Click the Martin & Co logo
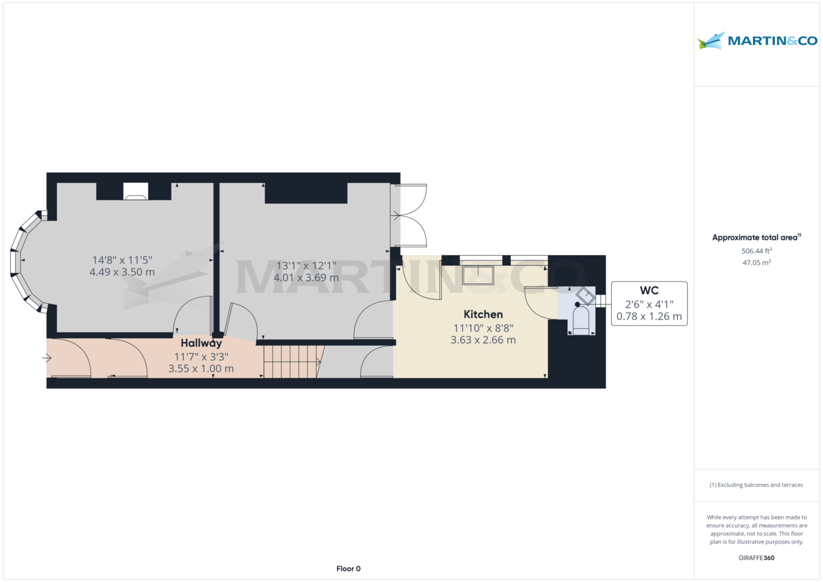coord(757,41)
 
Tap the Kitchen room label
coord(484,315)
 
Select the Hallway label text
coord(202,343)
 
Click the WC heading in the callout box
coord(648,291)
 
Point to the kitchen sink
coord(479,274)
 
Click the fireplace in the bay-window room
coord(134,192)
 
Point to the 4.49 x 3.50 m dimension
coord(122,272)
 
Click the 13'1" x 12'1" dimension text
coord(306,266)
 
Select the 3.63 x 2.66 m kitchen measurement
coord(484,340)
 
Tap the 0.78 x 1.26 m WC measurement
coord(649,316)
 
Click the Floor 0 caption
coord(348,568)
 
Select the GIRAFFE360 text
coord(756,558)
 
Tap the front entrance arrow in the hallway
coord(47,358)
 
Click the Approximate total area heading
coord(756,238)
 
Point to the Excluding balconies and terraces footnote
coord(756,485)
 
